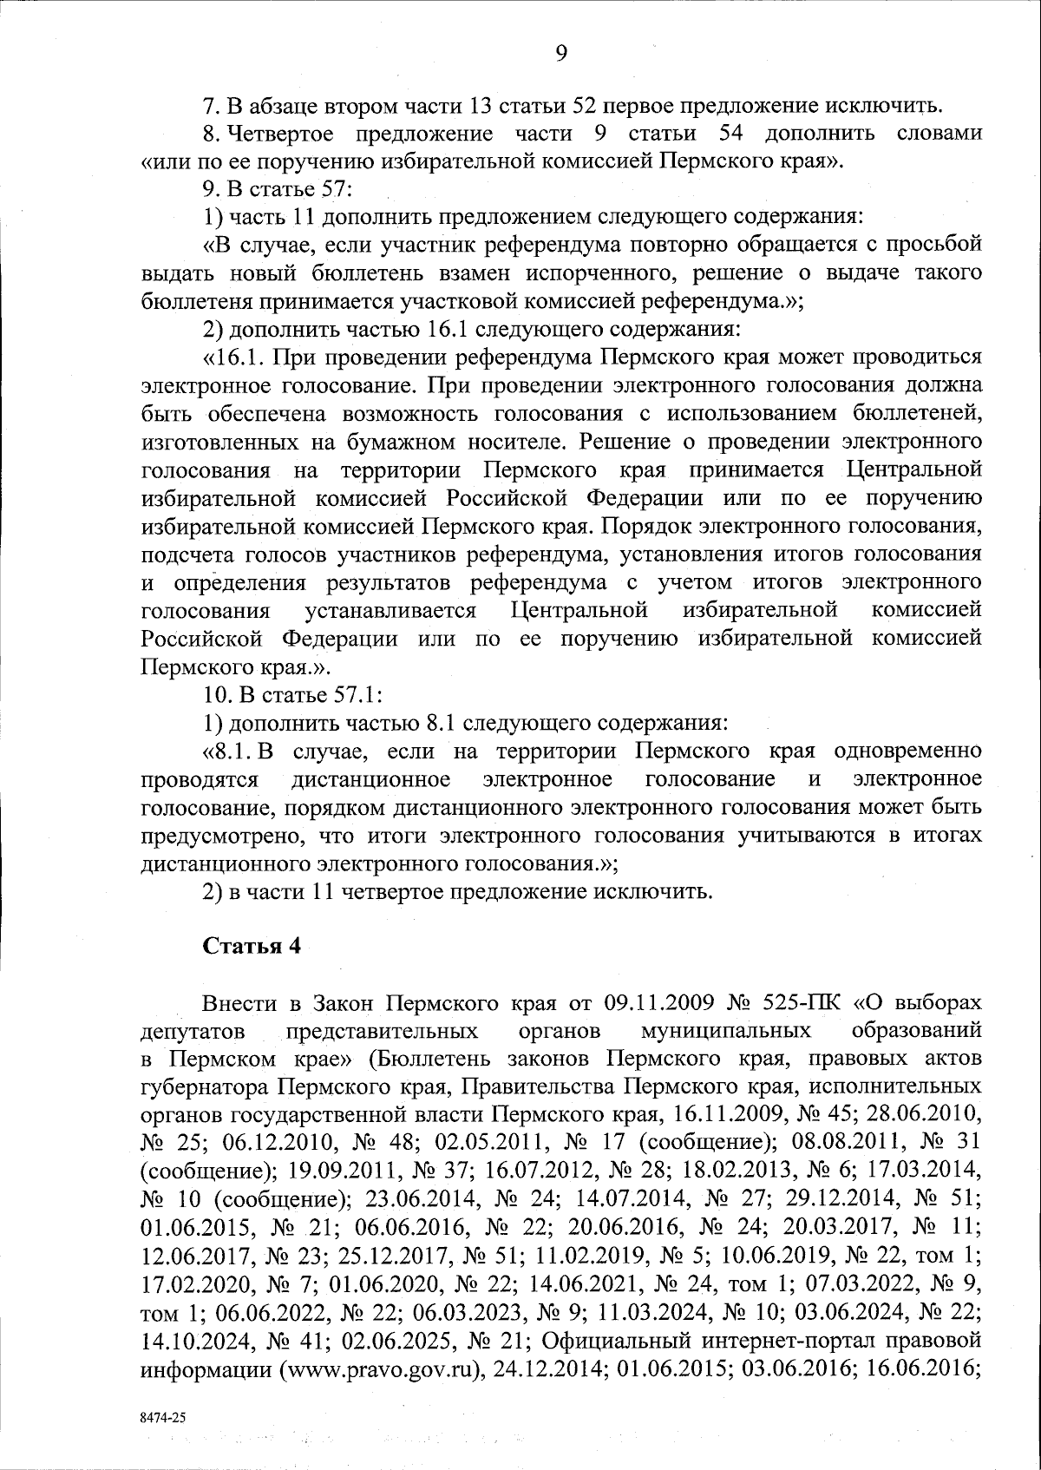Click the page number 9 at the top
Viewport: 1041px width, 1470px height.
tap(560, 54)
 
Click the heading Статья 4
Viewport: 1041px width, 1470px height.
tap(252, 946)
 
